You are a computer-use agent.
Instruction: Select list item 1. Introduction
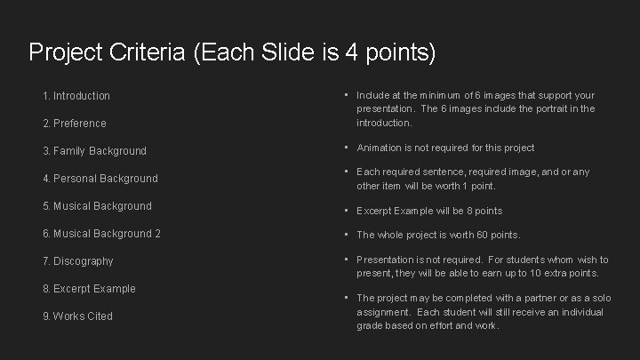76,95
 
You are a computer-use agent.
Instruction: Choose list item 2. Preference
74,123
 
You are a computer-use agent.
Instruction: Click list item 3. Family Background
94,151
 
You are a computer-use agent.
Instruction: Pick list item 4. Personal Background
100,179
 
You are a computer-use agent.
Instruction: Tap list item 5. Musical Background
97,206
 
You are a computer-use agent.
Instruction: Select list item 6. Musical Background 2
101,234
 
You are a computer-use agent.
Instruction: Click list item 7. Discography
77,261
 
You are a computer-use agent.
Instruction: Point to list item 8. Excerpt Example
89,289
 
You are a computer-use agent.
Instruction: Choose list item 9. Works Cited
77,316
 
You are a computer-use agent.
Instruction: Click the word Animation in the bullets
380,148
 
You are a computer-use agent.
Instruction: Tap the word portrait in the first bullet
553,108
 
